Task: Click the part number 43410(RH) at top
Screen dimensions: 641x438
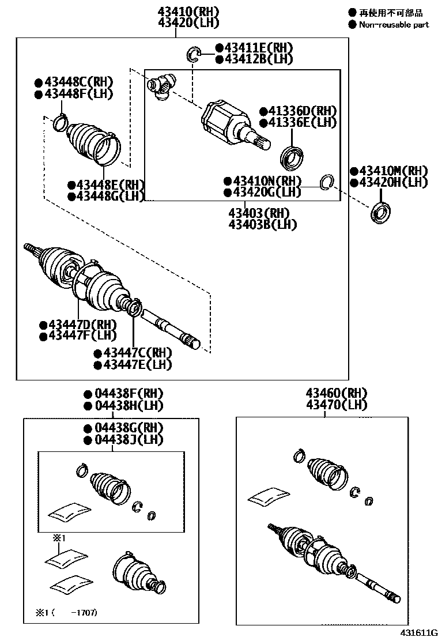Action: pyautogui.click(x=181, y=11)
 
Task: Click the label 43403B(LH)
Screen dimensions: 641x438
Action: pyautogui.click(x=262, y=224)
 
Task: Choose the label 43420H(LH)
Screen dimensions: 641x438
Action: pyautogui.click(x=393, y=183)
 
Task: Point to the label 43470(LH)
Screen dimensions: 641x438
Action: pyautogui.click(x=337, y=405)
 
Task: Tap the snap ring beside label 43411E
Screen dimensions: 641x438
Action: pyautogui.click(x=193, y=55)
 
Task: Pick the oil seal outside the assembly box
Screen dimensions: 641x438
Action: pyautogui.click(x=379, y=213)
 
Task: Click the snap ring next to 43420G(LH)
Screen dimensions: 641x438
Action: pyautogui.click(x=326, y=182)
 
